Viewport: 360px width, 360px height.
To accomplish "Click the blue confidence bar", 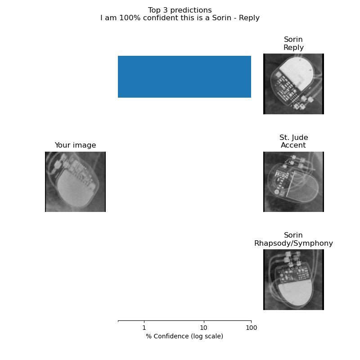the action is click(x=184, y=76).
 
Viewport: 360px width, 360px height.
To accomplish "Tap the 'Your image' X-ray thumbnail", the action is click(x=75, y=182).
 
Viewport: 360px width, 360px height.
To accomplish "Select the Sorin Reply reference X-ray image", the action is click(x=293, y=84).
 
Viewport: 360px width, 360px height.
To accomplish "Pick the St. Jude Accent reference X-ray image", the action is click(x=293, y=182).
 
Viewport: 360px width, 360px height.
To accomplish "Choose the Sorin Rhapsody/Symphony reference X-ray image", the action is click(x=293, y=279).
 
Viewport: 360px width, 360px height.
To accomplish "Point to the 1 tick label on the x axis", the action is click(x=144, y=328).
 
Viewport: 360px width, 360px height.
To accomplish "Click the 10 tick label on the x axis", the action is click(x=204, y=328).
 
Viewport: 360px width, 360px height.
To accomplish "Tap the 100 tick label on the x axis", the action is click(x=251, y=328).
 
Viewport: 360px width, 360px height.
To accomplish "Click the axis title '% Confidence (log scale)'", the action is click(x=184, y=336).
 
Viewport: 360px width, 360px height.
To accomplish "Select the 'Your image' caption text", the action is click(x=75, y=145).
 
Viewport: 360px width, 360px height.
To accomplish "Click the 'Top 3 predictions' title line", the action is click(x=180, y=10).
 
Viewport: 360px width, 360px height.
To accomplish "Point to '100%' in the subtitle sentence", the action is click(x=130, y=18).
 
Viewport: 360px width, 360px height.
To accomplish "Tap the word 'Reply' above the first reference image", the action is click(x=293, y=48).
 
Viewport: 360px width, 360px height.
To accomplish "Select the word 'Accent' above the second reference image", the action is click(x=293, y=145).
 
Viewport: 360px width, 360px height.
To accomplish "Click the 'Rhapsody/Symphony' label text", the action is click(x=293, y=243).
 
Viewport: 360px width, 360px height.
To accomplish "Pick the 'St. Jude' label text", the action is click(x=293, y=137).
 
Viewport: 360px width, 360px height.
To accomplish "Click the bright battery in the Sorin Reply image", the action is click(x=297, y=73).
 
